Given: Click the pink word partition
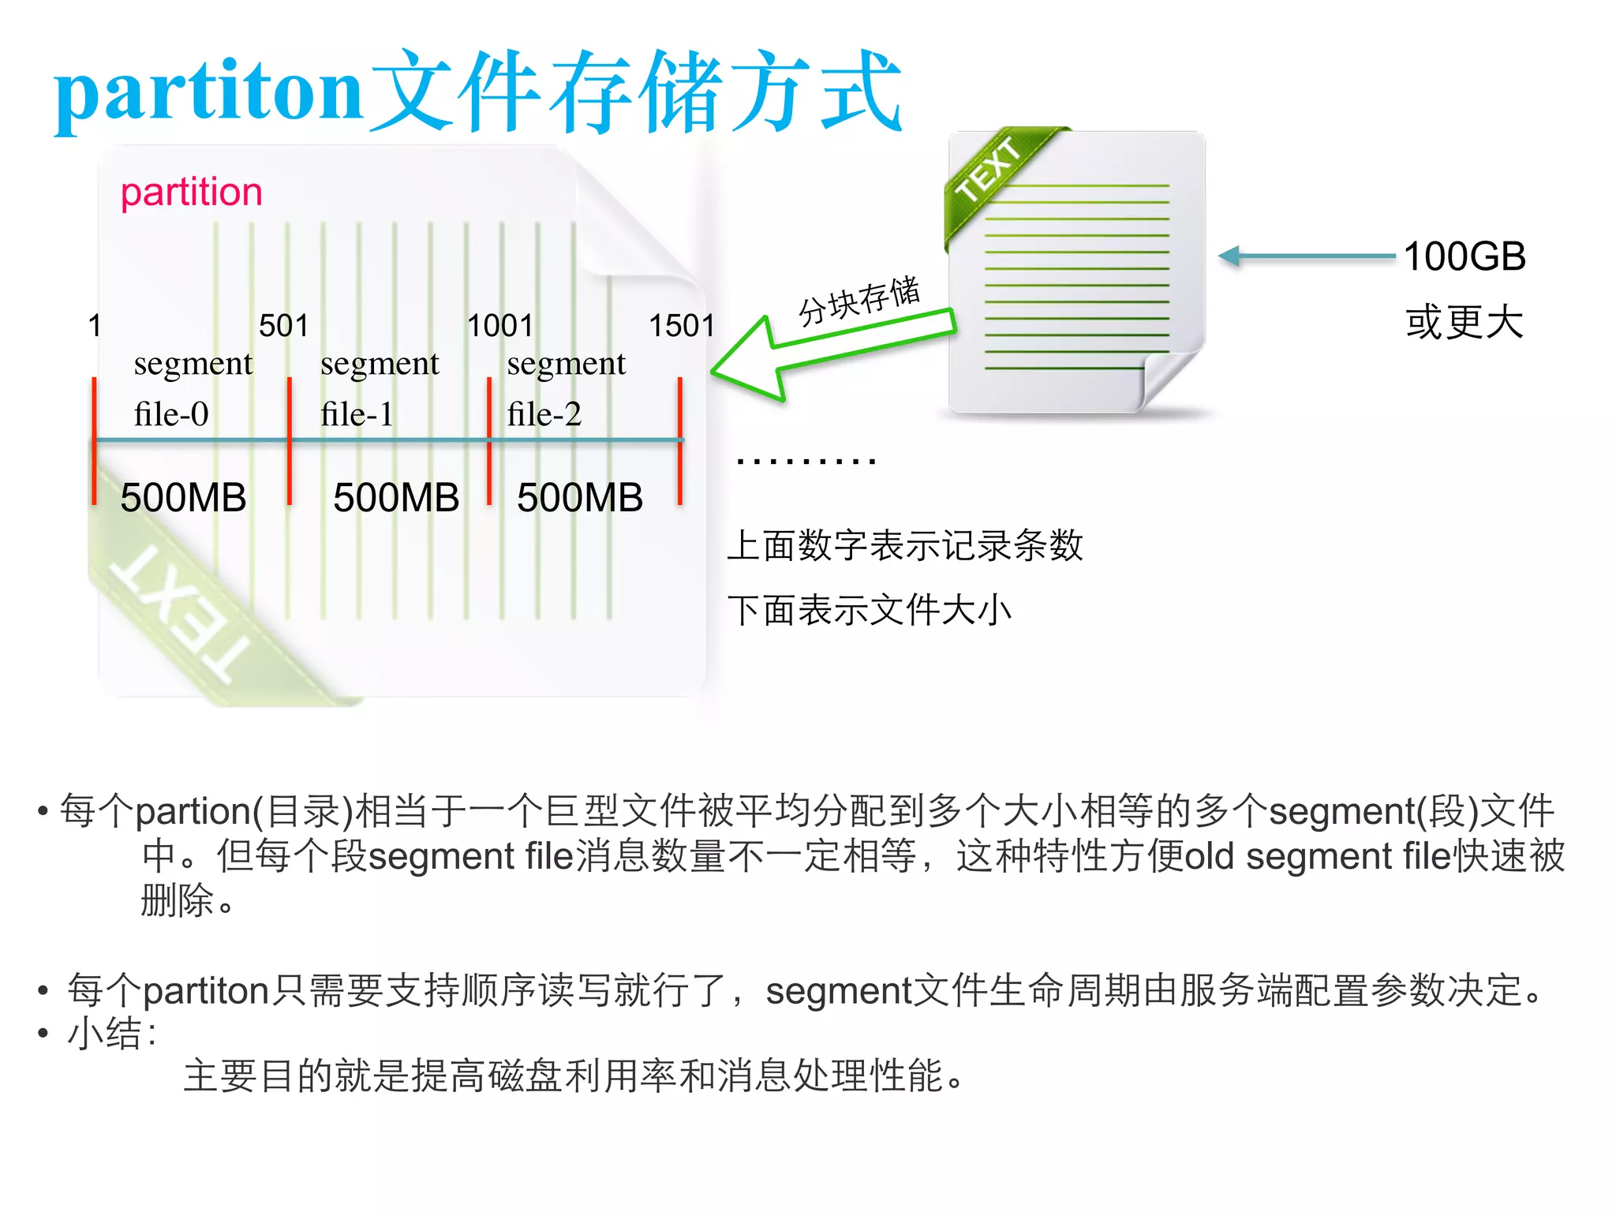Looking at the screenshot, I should pyautogui.click(x=191, y=193).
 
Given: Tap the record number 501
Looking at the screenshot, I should pyautogui.click(x=283, y=325).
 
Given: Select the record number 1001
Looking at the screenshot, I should pyautogui.click(x=500, y=325).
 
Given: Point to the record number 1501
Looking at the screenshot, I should pyautogui.click(x=682, y=325).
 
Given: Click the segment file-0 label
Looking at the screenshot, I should pyautogui.click(x=192, y=388).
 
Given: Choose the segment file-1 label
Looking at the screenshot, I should pyautogui.click(x=379, y=388).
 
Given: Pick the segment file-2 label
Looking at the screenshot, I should pyautogui.click(x=566, y=388).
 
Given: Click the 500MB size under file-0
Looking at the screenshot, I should pyautogui.click(x=183, y=498).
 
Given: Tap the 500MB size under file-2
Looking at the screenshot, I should pyautogui.click(x=580, y=498).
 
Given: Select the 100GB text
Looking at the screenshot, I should pyautogui.click(x=1464, y=256).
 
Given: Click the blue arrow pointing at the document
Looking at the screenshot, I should pyautogui.click(x=1306, y=256).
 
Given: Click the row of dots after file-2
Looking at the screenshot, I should pyautogui.click(x=806, y=461).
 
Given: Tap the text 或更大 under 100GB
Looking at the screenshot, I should pyautogui.click(x=1464, y=323).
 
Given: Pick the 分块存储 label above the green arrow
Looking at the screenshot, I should pyautogui.click(x=859, y=301).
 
